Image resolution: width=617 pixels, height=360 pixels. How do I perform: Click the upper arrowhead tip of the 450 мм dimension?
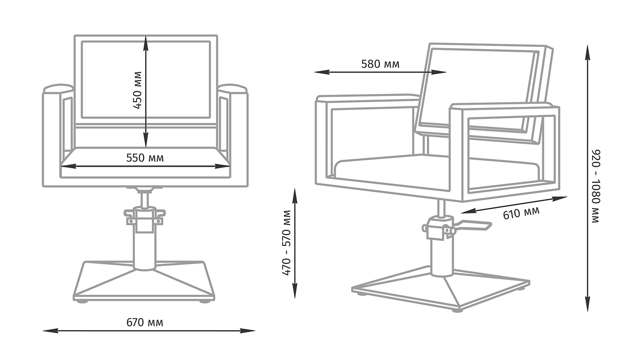[x=146, y=36]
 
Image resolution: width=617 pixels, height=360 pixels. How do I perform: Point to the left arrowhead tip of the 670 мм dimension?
[x=43, y=330]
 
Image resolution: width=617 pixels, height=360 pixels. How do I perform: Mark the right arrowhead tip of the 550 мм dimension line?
[x=230, y=166]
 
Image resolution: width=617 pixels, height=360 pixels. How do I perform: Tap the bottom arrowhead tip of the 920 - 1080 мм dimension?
[x=588, y=312]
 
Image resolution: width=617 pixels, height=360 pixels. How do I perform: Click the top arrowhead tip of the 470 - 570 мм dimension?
[x=295, y=189]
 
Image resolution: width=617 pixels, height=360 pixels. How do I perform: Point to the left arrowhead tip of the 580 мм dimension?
[x=314, y=72]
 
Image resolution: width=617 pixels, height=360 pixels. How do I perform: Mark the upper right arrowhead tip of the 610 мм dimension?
[x=567, y=197]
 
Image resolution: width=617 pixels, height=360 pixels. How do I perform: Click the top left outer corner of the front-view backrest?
[x=75, y=36]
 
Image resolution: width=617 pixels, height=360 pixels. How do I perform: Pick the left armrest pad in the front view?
[x=59, y=88]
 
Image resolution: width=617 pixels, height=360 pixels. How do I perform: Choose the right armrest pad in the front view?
[x=232, y=88]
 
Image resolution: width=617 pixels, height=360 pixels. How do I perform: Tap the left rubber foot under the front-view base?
[x=82, y=302]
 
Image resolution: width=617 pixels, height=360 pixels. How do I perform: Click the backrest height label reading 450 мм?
[x=137, y=90]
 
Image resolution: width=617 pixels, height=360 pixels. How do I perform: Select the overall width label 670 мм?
[x=144, y=322]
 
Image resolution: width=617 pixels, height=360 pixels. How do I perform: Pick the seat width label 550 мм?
[x=145, y=158]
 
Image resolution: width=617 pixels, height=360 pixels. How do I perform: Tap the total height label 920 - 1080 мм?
[x=596, y=187]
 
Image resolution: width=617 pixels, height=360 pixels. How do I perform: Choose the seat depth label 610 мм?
[x=521, y=213]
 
